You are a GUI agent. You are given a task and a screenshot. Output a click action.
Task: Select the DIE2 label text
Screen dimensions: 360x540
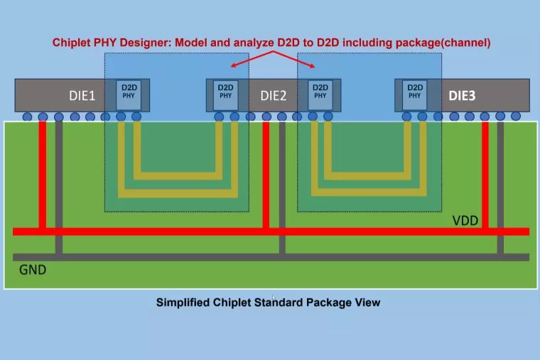pos(273,95)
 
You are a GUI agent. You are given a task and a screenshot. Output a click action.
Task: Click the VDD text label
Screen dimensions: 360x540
pos(465,220)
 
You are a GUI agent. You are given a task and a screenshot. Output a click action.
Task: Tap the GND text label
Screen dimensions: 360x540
pos(33,270)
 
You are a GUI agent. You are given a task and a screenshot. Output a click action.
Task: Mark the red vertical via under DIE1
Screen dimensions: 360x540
pos(43,174)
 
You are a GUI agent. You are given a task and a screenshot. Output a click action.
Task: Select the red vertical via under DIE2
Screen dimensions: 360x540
pos(266,174)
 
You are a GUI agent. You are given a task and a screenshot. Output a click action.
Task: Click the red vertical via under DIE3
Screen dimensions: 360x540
pos(486,174)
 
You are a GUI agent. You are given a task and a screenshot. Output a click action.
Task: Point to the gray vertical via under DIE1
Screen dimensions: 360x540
pos(59,185)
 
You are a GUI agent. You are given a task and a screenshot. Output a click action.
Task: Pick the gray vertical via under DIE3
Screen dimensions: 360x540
pos(501,185)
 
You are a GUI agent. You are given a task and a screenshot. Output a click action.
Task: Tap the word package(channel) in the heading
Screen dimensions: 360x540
pos(445,43)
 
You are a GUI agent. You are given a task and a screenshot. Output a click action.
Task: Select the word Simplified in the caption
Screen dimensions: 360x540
pos(182,302)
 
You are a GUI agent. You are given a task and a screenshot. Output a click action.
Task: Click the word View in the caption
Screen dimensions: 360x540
pos(367,302)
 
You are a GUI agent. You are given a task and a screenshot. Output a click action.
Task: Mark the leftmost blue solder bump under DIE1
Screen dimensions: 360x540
pos(28,116)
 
